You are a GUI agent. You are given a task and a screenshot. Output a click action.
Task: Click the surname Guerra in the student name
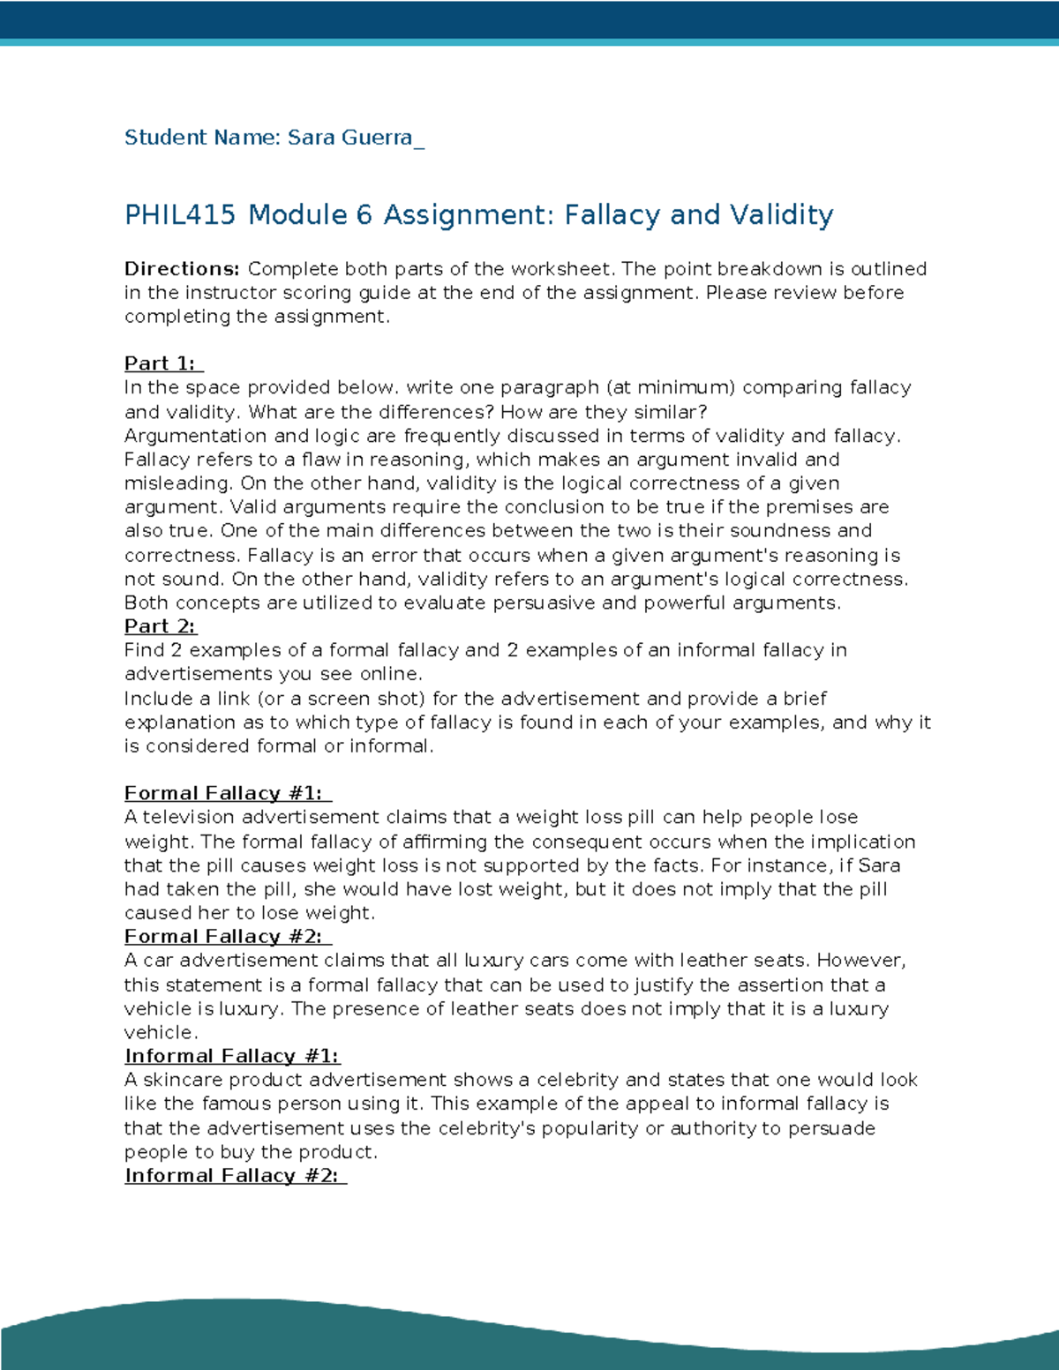(x=376, y=138)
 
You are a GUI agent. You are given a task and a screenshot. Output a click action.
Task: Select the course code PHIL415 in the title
(x=180, y=215)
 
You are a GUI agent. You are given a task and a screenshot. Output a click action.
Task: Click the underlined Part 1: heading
(x=163, y=363)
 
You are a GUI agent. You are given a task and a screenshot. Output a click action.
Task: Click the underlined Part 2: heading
(x=160, y=626)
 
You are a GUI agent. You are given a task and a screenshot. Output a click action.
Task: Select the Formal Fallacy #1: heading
(x=227, y=793)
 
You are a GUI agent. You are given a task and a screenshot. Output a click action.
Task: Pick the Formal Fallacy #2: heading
(x=227, y=937)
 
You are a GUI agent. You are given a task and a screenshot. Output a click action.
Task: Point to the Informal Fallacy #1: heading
(x=231, y=1056)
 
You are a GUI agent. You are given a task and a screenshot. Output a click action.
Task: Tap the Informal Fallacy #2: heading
(x=235, y=1176)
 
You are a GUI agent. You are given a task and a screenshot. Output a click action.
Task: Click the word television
(x=189, y=817)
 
